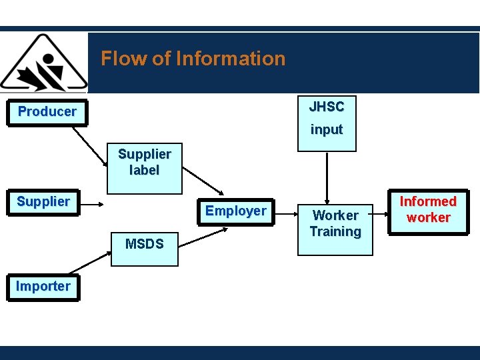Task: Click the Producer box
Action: click(47, 112)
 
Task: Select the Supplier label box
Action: click(144, 162)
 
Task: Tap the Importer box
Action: click(43, 287)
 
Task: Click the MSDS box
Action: click(144, 244)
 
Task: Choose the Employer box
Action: click(235, 211)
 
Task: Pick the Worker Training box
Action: click(335, 224)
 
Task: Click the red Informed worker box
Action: click(428, 209)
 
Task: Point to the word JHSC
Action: click(327, 107)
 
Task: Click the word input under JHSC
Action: click(327, 130)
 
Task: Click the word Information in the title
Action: click(230, 59)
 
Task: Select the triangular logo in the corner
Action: click(43, 63)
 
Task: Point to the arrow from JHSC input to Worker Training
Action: click(327, 177)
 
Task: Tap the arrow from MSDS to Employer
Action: click(204, 235)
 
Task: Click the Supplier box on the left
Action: click(43, 202)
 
